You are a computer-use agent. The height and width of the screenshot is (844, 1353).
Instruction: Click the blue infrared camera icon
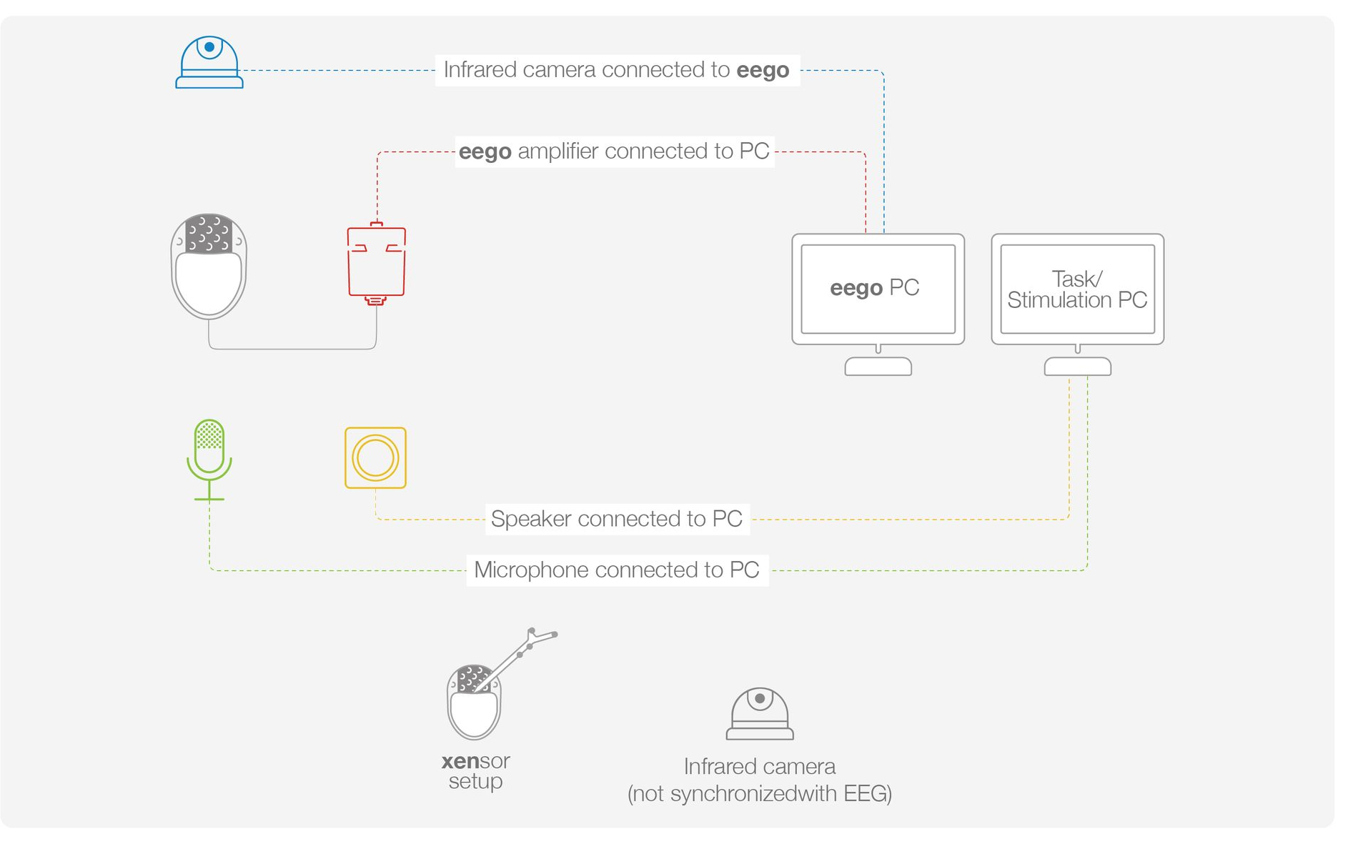point(209,62)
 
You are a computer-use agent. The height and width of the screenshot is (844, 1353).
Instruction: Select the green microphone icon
point(209,460)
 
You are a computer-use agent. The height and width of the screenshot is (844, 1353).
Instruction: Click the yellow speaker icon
point(375,458)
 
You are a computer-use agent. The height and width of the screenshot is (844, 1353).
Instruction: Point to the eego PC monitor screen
point(878,289)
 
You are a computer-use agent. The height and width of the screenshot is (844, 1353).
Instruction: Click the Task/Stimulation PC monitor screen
point(1077,289)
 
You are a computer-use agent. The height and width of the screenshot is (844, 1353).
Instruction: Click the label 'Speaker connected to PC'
point(617,519)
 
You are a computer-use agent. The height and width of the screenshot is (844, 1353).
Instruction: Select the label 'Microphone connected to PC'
point(617,570)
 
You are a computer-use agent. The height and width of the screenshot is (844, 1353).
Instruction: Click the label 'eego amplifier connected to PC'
point(614,152)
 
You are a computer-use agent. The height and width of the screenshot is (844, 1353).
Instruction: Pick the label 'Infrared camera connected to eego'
point(617,70)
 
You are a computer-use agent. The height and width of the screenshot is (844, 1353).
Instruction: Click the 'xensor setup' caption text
point(476,771)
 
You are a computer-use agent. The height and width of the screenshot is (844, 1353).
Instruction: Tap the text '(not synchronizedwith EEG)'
point(760,794)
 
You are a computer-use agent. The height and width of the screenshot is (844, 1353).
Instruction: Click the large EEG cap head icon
point(209,266)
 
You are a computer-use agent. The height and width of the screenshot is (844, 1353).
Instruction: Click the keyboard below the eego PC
point(878,367)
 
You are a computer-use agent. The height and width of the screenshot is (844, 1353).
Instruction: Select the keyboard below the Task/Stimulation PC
point(1077,367)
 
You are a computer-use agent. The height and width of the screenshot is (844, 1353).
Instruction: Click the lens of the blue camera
point(209,47)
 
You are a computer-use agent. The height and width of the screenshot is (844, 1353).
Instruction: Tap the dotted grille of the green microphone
point(209,435)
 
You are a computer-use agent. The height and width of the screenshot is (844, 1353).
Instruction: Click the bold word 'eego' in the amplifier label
point(485,152)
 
